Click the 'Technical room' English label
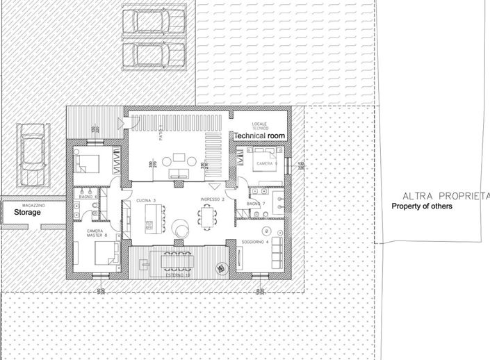coord(259,136)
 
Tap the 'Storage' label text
coord(28,213)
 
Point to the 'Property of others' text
coord(422,206)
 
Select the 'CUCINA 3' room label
coord(147,200)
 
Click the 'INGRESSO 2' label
coord(211,200)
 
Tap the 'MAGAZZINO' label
coord(34,206)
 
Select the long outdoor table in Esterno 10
coord(177,261)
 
